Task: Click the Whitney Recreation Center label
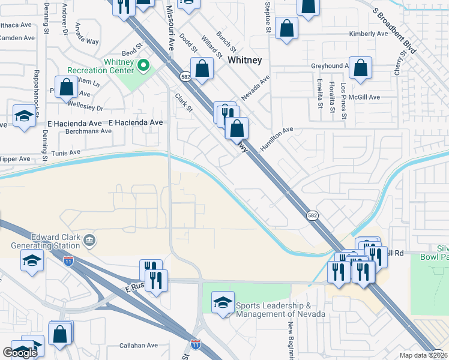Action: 100,66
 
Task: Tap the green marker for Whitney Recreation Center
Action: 143,64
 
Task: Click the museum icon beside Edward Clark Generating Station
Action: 89,241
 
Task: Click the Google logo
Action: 20,353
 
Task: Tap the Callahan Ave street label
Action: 138,346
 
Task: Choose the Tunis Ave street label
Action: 66,152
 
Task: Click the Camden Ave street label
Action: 16,38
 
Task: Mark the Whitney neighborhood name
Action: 244,61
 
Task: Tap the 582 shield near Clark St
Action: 185,76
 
